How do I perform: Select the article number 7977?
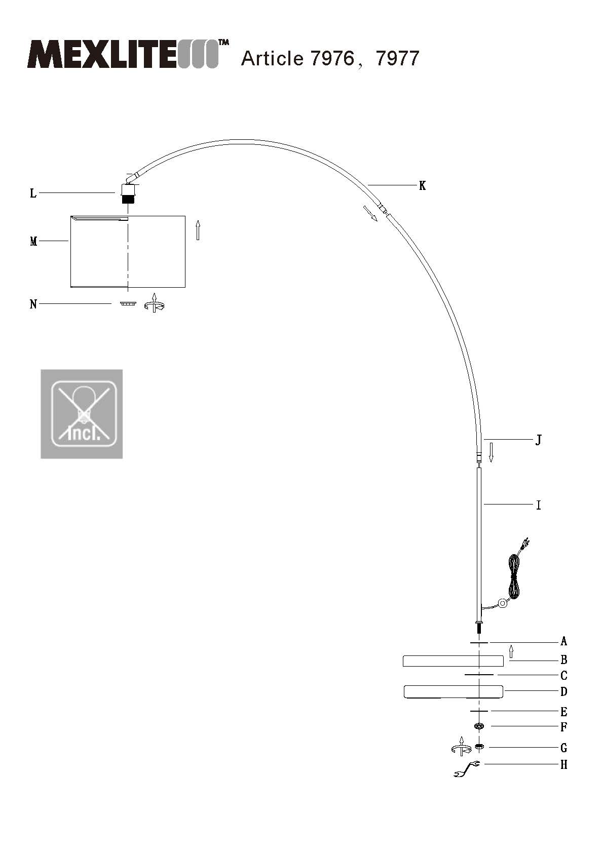coord(397,58)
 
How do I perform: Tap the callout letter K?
coord(422,186)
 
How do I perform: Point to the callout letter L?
coord(33,193)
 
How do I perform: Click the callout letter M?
coord(33,242)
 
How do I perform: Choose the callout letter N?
coord(33,304)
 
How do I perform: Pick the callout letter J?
coord(539,440)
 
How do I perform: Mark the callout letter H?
coord(563,765)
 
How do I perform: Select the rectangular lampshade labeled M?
coord(128,251)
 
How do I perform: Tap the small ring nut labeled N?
coord(128,304)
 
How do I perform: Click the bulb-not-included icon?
coord(82,414)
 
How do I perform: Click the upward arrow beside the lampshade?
coord(198,230)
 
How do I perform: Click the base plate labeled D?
coord(453,691)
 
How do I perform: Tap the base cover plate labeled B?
coord(453,661)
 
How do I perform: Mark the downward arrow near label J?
coord(491,452)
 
